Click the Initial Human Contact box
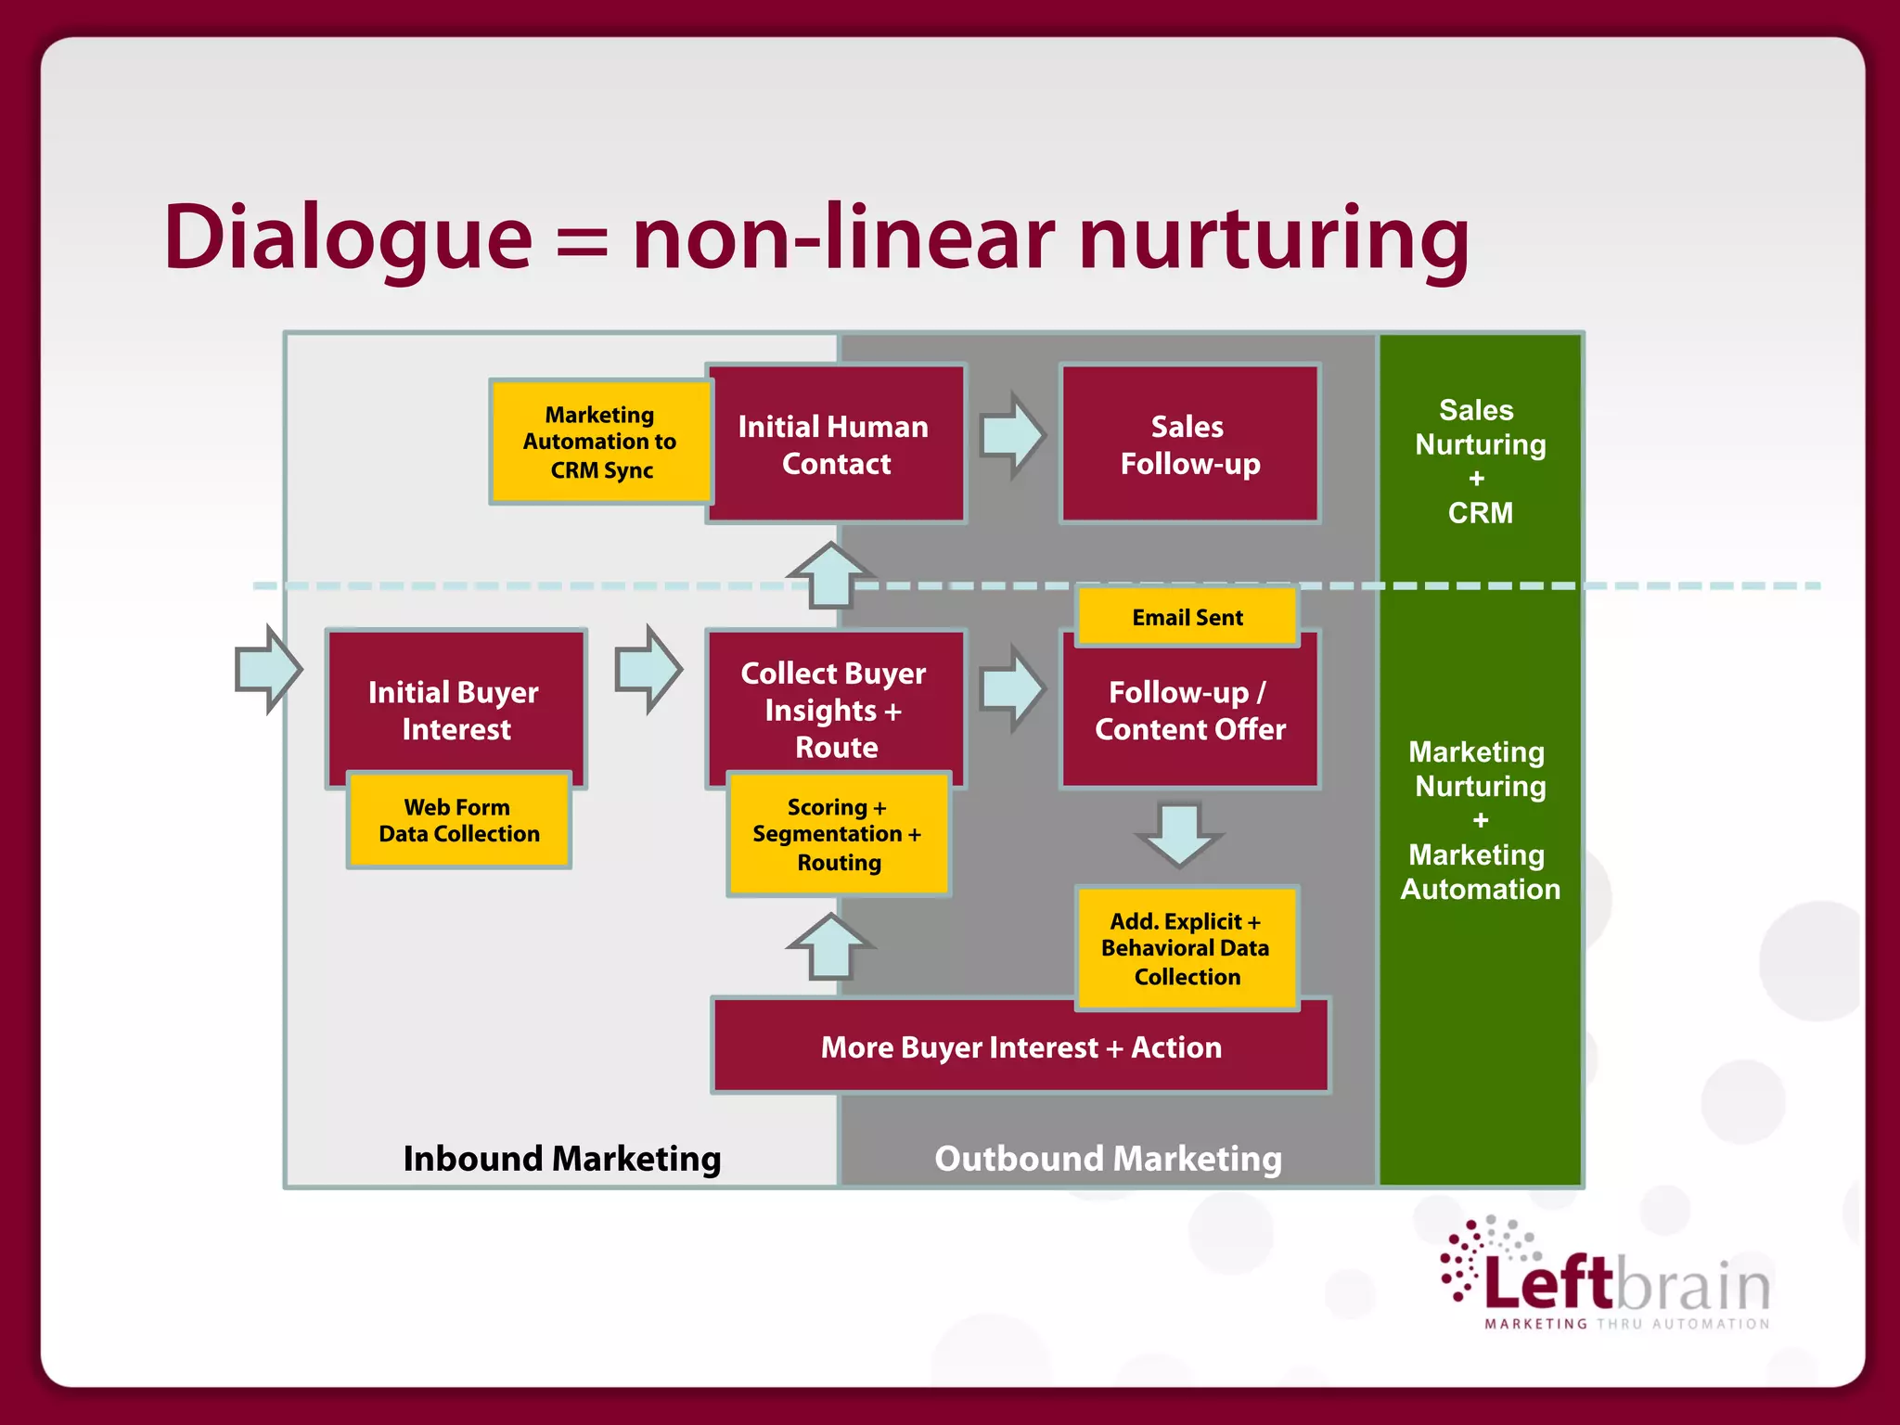coord(835,444)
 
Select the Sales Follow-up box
coord(1189,444)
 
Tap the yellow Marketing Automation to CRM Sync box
coord(600,442)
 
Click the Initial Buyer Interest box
coord(456,700)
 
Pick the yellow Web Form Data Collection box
coord(458,821)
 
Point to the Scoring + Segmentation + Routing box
coord(838,834)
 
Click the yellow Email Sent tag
coord(1187,617)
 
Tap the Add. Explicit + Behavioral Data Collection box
coord(1187,948)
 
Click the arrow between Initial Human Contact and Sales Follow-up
coord(1012,435)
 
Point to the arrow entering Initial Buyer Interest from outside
coord(268,669)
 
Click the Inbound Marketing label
coord(561,1159)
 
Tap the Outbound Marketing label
coord(1108,1159)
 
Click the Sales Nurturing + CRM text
coord(1480,461)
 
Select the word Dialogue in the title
coord(348,238)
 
